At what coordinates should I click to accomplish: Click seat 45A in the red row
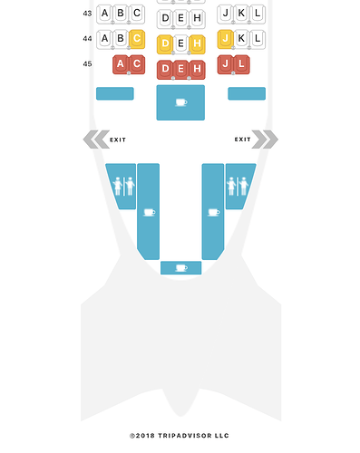(121, 64)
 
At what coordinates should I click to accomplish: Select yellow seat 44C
(137, 39)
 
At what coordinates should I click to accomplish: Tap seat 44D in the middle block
(165, 44)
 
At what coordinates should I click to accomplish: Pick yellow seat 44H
(197, 44)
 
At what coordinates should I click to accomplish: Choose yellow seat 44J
(225, 39)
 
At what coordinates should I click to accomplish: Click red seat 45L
(241, 64)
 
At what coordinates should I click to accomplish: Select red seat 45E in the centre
(180, 70)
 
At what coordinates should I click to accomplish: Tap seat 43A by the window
(104, 14)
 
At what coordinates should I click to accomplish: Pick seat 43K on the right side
(241, 14)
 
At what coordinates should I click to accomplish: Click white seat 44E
(180, 44)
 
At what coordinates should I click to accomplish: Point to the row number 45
(87, 64)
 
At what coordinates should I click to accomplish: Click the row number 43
(87, 14)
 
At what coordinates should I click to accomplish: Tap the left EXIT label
(118, 140)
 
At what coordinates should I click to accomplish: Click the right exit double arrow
(265, 140)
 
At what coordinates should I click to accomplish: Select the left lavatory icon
(123, 187)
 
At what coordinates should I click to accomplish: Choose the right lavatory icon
(238, 187)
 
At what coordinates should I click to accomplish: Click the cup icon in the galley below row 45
(181, 102)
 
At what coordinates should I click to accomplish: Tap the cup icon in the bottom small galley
(181, 268)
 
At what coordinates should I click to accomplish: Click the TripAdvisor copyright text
(180, 436)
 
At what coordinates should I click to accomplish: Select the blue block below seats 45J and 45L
(247, 93)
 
